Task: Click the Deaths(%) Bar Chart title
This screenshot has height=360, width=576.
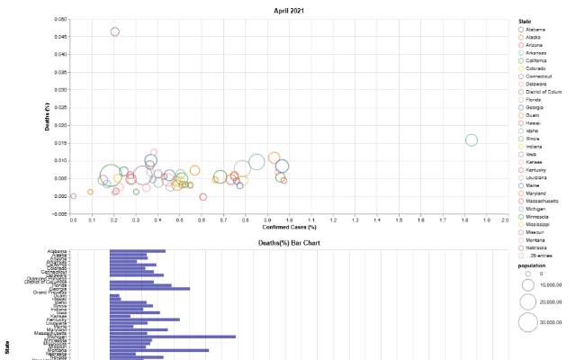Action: point(287,243)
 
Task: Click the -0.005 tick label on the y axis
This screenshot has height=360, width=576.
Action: point(57,214)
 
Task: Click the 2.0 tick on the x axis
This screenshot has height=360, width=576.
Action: point(505,220)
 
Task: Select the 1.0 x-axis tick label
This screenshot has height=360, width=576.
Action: point(289,220)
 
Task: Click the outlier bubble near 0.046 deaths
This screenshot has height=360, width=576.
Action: point(115,31)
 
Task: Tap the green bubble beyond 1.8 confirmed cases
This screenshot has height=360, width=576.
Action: point(472,139)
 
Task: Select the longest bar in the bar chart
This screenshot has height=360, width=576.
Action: point(172,336)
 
